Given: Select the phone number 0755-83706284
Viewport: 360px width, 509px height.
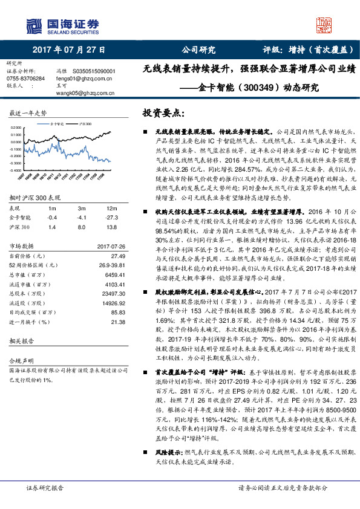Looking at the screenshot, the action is coord(25,79).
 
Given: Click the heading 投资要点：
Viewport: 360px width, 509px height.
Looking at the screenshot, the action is coord(163,113).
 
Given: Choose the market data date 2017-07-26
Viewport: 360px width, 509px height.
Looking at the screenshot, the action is coord(111,246).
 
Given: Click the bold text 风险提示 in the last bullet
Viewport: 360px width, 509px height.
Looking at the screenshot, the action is coord(168,452).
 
